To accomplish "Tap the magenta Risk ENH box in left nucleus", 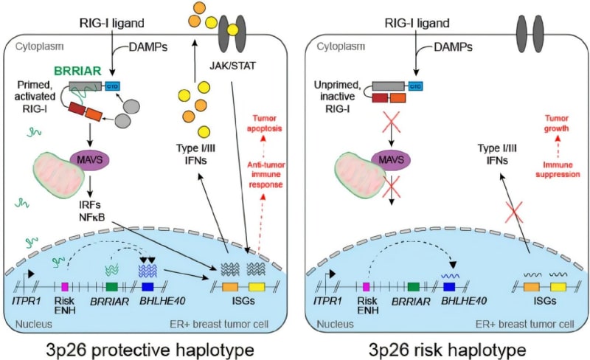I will tap(65, 285).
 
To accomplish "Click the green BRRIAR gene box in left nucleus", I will tap(112, 285).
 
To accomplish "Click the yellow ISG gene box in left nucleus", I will tap(257, 285).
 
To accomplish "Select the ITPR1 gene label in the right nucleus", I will tap(332, 301).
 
